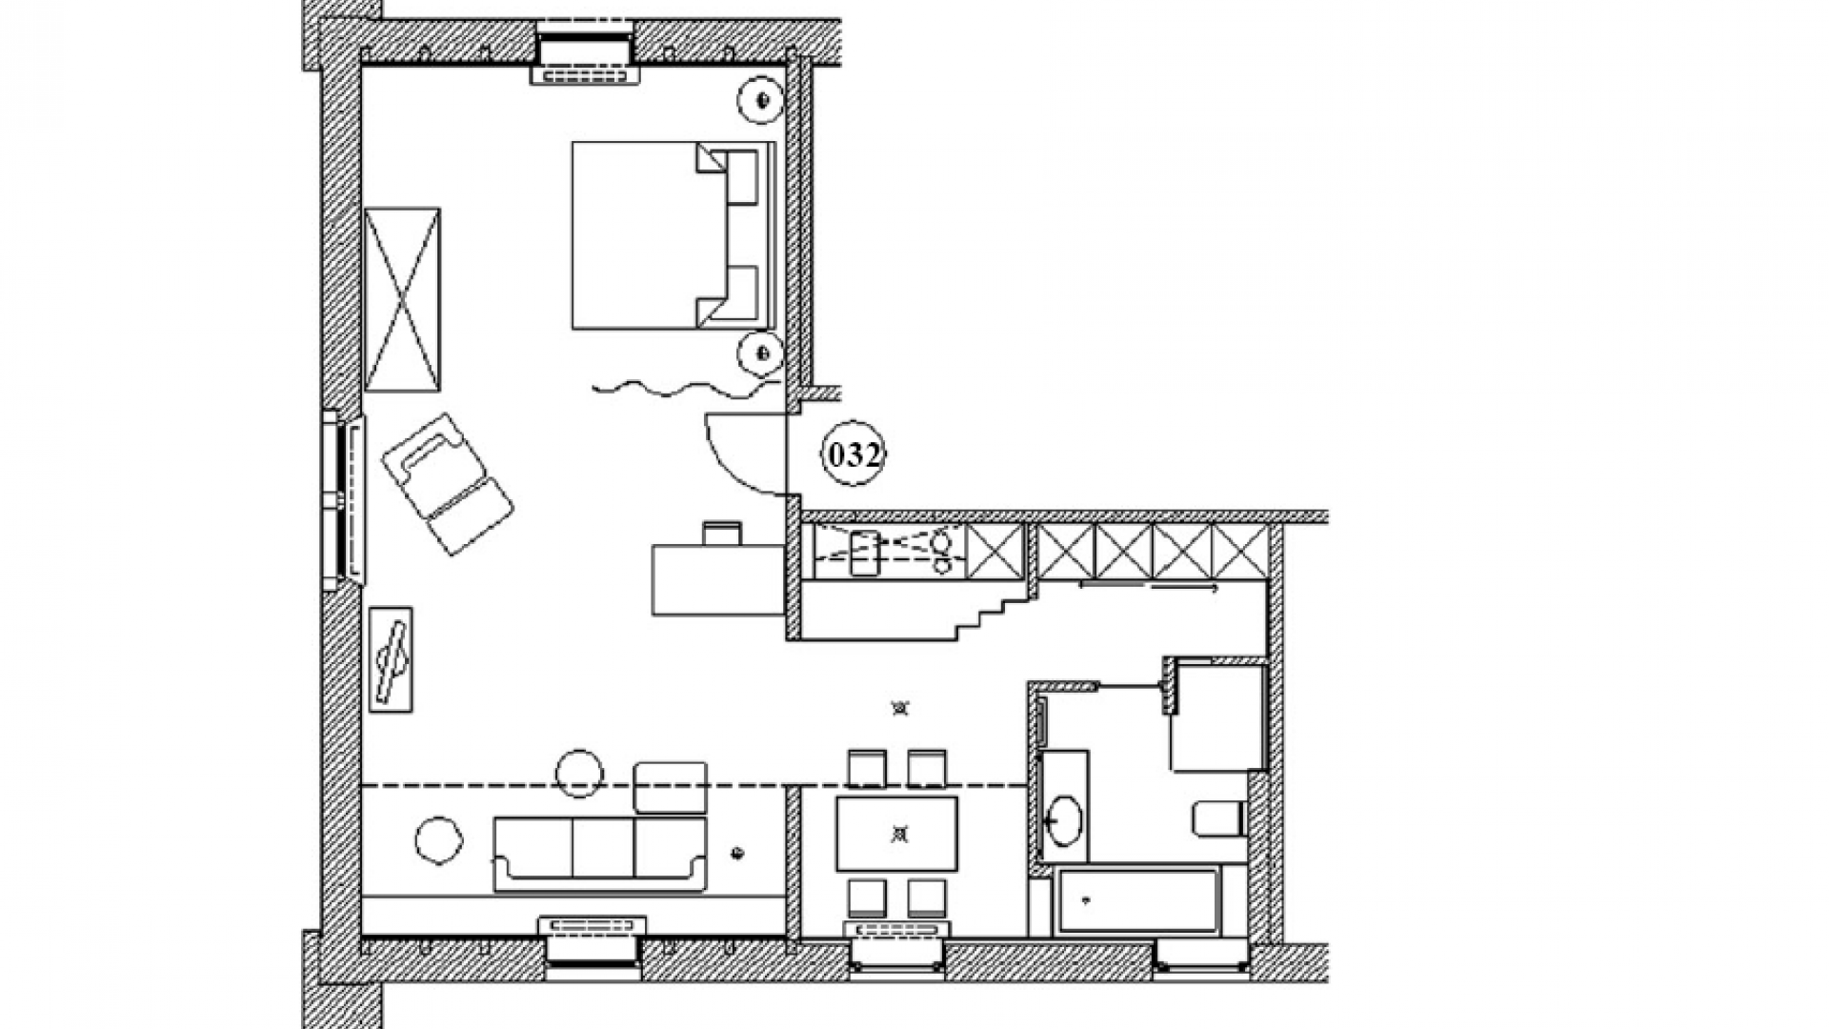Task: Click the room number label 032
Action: tap(854, 454)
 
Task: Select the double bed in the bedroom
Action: tap(673, 235)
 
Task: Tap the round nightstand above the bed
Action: tap(762, 99)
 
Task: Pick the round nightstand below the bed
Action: tap(762, 353)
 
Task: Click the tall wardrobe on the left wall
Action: tap(402, 299)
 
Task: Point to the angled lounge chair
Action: tap(448, 483)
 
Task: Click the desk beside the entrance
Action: tap(719, 579)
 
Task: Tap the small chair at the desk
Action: tap(722, 533)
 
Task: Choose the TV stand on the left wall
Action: tap(391, 659)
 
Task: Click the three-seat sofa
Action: tap(600, 854)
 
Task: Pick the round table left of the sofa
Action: tap(439, 841)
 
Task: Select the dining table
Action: tap(897, 834)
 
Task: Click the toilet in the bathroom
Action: tap(1218, 818)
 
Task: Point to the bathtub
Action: tap(1139, 899)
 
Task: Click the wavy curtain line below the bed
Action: tap(687, 388)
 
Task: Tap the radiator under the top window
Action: tap(584, 74)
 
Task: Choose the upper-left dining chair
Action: tap(867, 768)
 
